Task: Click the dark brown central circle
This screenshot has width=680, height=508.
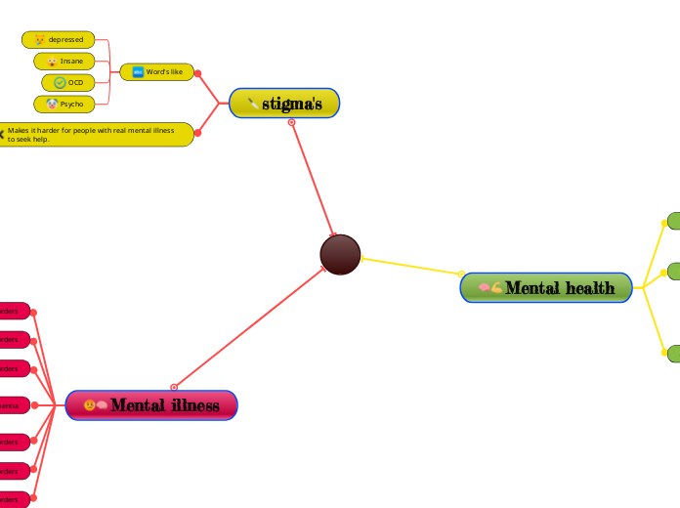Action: pos(340,255)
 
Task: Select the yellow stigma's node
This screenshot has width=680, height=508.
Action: pos(284,104)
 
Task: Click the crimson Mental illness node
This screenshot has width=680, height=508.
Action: pos(151,405)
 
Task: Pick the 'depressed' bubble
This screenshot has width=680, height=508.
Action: pos(59,40)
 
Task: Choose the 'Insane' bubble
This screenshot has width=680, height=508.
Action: pos(64,62)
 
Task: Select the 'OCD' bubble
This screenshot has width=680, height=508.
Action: pos(67,83)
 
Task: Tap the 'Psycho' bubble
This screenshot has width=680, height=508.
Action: pos(64,104)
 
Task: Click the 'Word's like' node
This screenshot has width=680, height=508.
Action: pos(157,71)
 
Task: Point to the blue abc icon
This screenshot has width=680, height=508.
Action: pos(138,71)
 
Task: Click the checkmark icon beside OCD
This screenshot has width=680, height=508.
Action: pos(60,83)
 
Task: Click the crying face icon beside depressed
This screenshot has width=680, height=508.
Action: pos(39,40)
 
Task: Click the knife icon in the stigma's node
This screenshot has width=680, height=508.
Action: pos(253,104)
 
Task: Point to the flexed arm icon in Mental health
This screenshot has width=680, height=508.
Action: pos(496,288)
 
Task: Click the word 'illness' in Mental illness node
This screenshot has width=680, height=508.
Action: pos(192,405)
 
